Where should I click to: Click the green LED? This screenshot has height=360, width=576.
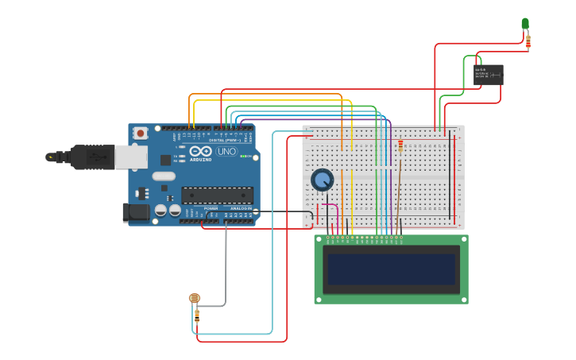525,24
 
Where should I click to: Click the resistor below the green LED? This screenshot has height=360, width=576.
528,41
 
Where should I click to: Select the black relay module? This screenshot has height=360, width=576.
488,75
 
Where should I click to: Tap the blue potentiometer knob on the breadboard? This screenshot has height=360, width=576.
322,180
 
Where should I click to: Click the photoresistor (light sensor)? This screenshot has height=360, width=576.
194,299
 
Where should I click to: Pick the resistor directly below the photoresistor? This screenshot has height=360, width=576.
196,315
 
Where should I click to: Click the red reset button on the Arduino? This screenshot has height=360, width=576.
141,134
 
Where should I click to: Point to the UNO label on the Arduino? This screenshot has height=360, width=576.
226,151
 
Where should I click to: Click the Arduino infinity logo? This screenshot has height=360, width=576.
200,151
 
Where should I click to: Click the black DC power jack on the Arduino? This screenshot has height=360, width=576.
137,211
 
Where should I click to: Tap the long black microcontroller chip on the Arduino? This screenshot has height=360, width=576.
217,195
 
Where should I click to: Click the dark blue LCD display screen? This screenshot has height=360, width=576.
391,269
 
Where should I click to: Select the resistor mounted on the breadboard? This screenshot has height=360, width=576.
400,146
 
